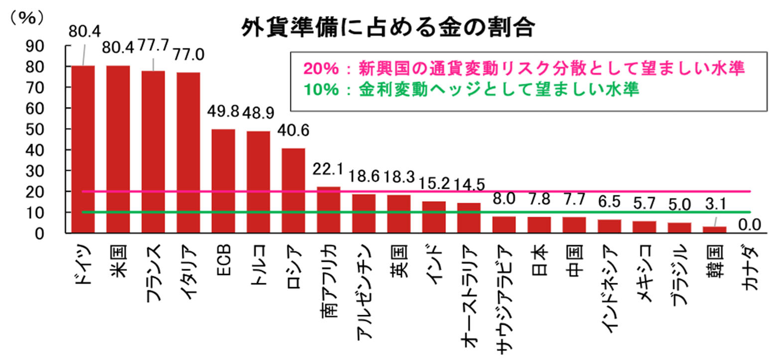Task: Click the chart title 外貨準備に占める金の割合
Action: (387, 28)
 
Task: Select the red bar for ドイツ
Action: (83, 149)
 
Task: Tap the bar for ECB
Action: (223, 181)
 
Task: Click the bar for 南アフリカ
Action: (329, 210)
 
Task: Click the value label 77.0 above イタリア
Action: (188, 55)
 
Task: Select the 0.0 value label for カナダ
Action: (750, 226)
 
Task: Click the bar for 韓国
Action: (714, 230)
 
